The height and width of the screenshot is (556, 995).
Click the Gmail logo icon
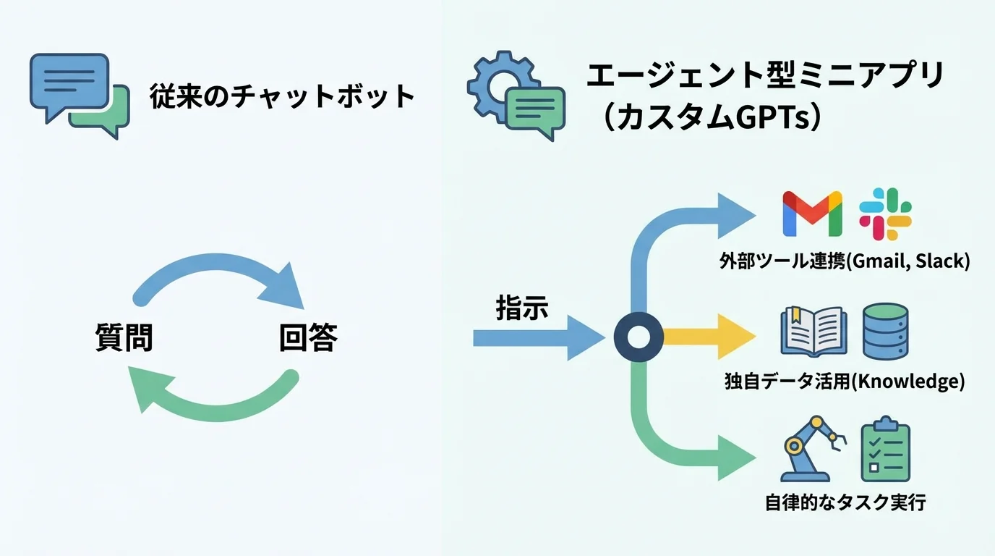coord(813,214)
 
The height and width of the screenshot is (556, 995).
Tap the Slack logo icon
coord(885,214)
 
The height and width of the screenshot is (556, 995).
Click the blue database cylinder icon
coord(886,330)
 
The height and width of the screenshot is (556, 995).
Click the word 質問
coord(124,337)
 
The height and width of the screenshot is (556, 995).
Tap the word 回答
coord(308,337)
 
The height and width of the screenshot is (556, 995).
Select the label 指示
coord(522,308)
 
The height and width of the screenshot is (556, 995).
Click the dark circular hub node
coord(639,337)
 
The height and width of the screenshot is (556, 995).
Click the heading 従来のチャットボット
coord(283,97)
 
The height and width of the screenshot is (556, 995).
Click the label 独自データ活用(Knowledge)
coord(844,381)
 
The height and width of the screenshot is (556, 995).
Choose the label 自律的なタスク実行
coord(845,502)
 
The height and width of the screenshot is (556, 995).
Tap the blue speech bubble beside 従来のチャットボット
coord(69,81)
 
